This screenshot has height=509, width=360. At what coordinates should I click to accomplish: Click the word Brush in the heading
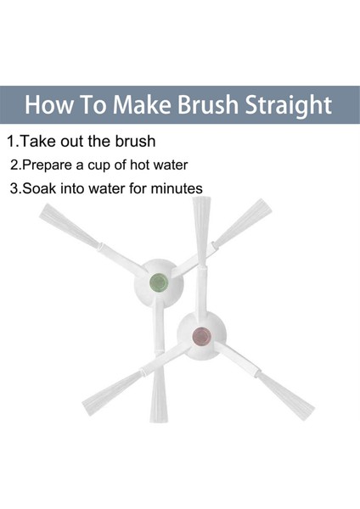pyautogui.click(x=208, y=104)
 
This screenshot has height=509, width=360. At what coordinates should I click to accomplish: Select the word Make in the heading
pyautogui.click(x=142, y=104)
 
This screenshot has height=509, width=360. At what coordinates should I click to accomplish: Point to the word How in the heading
pyautogui.click(x=48, y=104)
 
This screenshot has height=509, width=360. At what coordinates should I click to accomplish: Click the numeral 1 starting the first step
pyautogui.click(x=11, y=142)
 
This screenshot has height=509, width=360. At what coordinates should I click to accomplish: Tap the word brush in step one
pyautogui.click(x=136, y=141)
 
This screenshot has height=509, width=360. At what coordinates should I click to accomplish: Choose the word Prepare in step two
pyautogui.click(x=48, y=165)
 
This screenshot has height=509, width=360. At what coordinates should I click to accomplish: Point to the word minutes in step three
pyautogui.click(x=177, y=188)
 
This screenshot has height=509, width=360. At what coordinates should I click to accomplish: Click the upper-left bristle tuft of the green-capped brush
pyautogui.click(x=69, y=225)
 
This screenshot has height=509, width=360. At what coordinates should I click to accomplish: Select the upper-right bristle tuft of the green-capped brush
pyautogui.click(x=242, y=221)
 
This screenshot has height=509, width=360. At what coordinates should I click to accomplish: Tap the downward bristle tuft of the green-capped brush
pyautogui.click(x=159, y=394)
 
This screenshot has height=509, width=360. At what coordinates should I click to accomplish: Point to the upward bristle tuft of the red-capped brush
pyautogui.click(x=201, y=230)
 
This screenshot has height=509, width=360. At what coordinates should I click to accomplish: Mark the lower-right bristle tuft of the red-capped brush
pyautogui.click(x=285, y=396)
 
